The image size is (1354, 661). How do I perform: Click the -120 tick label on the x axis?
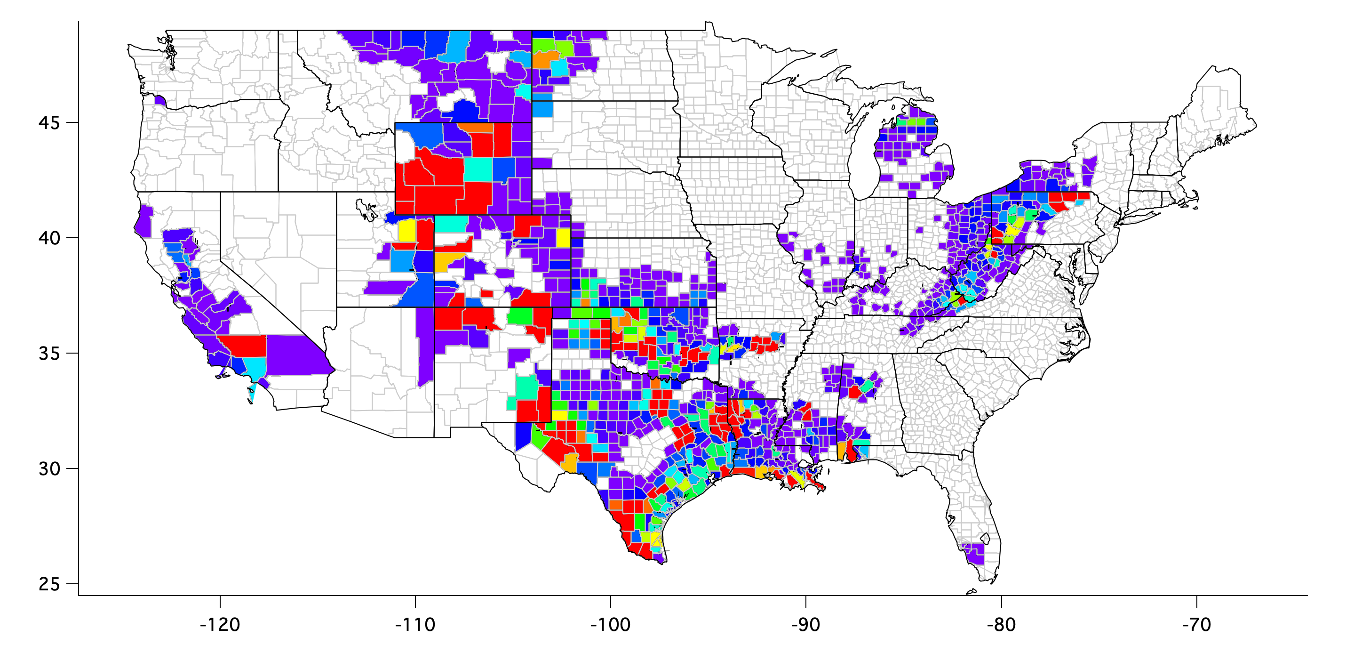(x=220, y=625)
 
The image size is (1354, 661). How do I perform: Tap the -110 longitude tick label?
(x=415, y=625)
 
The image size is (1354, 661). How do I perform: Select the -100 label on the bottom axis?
(x=610, y=625)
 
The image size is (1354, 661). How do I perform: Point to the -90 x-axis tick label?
(x=806, y=625)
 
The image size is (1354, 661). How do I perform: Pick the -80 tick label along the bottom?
(x=1001, y=625)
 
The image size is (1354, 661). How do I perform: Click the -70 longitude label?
(x=1196, y=625)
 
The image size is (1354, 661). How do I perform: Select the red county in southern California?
(x=245, y=345)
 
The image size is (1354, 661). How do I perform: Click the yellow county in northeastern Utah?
(x=407, y=231)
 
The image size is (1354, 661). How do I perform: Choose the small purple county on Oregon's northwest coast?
(x=160, y=100)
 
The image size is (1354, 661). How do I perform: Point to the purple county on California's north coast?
(x=143, y=221)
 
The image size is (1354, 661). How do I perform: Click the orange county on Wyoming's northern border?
(x=477, y=127)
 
